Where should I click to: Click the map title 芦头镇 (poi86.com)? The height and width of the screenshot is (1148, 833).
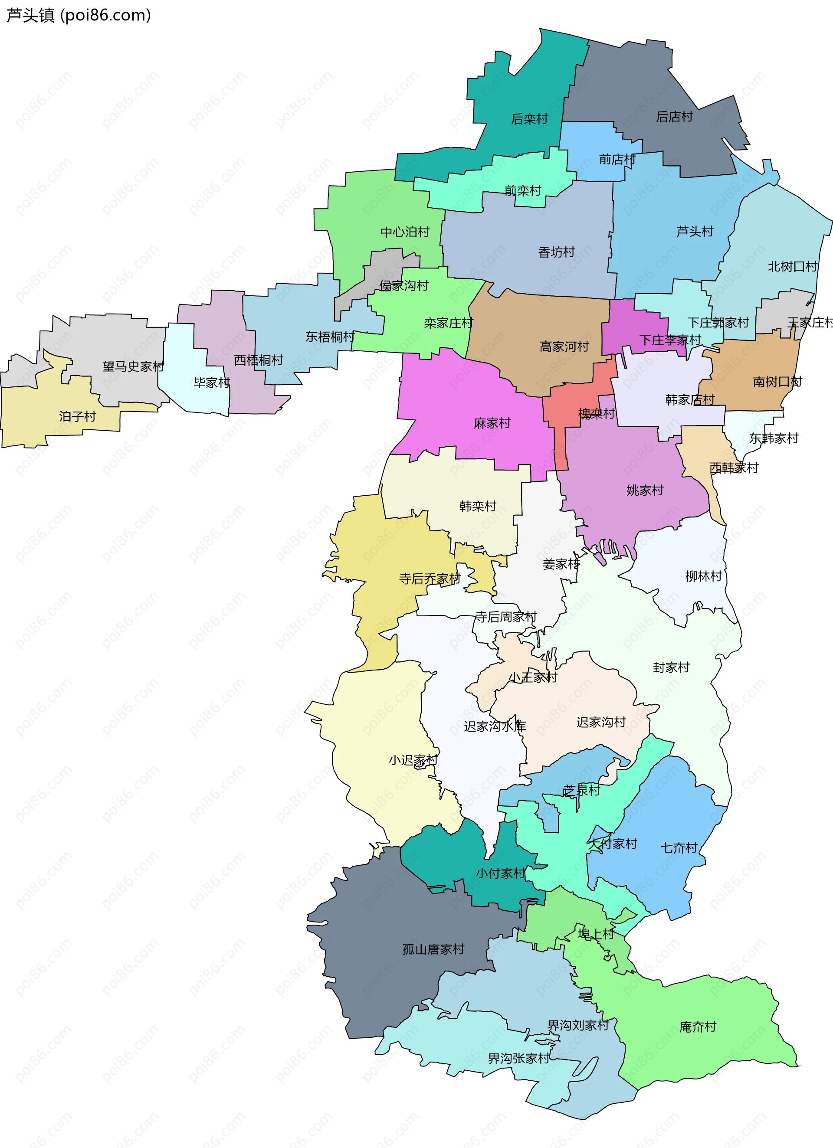click(x=79, y=15)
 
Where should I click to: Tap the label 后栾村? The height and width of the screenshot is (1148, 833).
click(x=529, y=119)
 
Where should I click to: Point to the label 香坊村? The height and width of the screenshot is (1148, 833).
click(x=556, y=252)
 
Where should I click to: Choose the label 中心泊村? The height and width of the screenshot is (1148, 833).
click(x=405, y=232)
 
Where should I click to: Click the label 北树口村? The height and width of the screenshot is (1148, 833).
click(x=792, y=267)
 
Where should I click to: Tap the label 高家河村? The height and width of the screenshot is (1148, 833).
click(x=564, y=347)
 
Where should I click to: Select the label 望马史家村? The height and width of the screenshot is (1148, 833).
click(x=133, y=366)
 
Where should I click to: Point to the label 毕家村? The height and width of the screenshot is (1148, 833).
click(x=211, y=383)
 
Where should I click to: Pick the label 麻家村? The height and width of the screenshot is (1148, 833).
click(x=492, y=423)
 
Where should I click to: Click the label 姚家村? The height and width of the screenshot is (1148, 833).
click(x=645, y=491)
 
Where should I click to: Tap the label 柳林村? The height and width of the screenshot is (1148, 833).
click(x=703, y=576)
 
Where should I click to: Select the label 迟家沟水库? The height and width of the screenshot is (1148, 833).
click(x=494, y=726)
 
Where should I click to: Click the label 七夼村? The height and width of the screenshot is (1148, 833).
click(x=679, y=847)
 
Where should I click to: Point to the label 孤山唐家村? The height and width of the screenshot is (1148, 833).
click(x=433, y=949)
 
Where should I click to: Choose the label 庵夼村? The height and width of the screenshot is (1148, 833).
click(x=697, y=1027)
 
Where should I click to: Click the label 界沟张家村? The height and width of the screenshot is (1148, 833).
click(x=518, y=1058)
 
